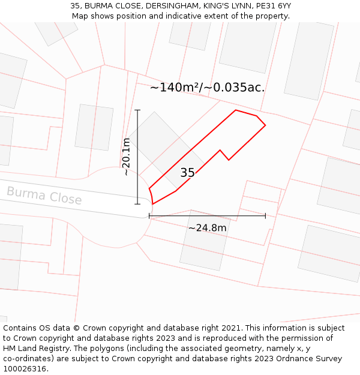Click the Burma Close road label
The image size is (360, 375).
44,196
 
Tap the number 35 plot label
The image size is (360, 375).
187,173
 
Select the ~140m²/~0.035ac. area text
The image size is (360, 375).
207,88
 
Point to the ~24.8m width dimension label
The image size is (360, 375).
208,228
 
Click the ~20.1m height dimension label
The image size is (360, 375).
126,157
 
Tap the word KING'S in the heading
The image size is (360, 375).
206,6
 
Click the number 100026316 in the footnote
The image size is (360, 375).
24,368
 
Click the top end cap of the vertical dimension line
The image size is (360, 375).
137,110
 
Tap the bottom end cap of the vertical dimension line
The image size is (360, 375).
137,204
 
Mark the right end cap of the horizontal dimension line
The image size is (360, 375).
265,216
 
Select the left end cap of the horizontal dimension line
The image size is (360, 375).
149,216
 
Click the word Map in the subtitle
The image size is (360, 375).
80,16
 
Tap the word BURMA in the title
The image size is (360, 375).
98,6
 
